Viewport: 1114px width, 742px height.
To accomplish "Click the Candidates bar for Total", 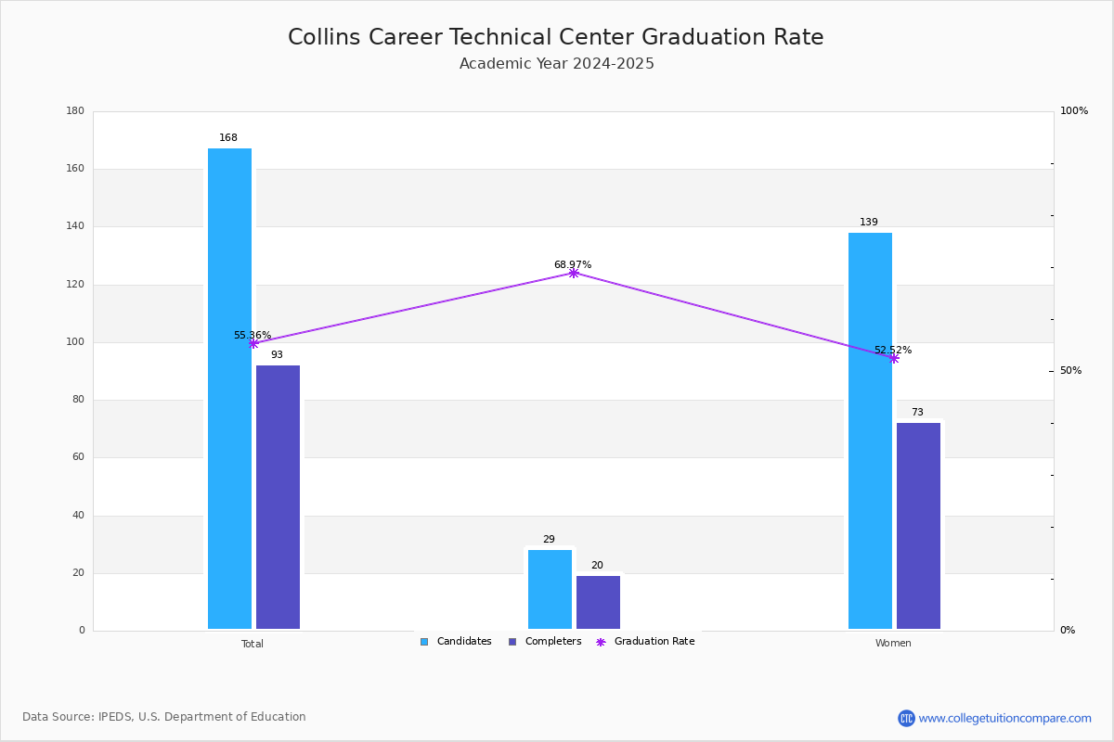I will point(229,389).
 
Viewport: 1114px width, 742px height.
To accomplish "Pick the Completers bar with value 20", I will point(598,602).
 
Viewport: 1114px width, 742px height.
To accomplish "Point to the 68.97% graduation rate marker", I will point(574,273).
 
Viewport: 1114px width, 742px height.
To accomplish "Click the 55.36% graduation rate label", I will point(253,336).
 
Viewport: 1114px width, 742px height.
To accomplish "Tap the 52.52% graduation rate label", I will point(893,351).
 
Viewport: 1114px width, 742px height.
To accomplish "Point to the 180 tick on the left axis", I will point(75,111).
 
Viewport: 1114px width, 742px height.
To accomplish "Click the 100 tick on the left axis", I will point(75,342).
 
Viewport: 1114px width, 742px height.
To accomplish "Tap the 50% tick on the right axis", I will point(1070,371).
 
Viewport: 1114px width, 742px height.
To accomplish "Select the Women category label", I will point(893,644).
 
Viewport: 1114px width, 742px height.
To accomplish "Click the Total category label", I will point(253,644).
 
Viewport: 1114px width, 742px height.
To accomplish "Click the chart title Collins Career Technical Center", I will point(555,37).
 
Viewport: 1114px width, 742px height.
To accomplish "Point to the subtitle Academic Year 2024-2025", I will point(557,64).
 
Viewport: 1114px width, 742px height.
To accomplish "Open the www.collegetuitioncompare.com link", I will point(1004,718).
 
